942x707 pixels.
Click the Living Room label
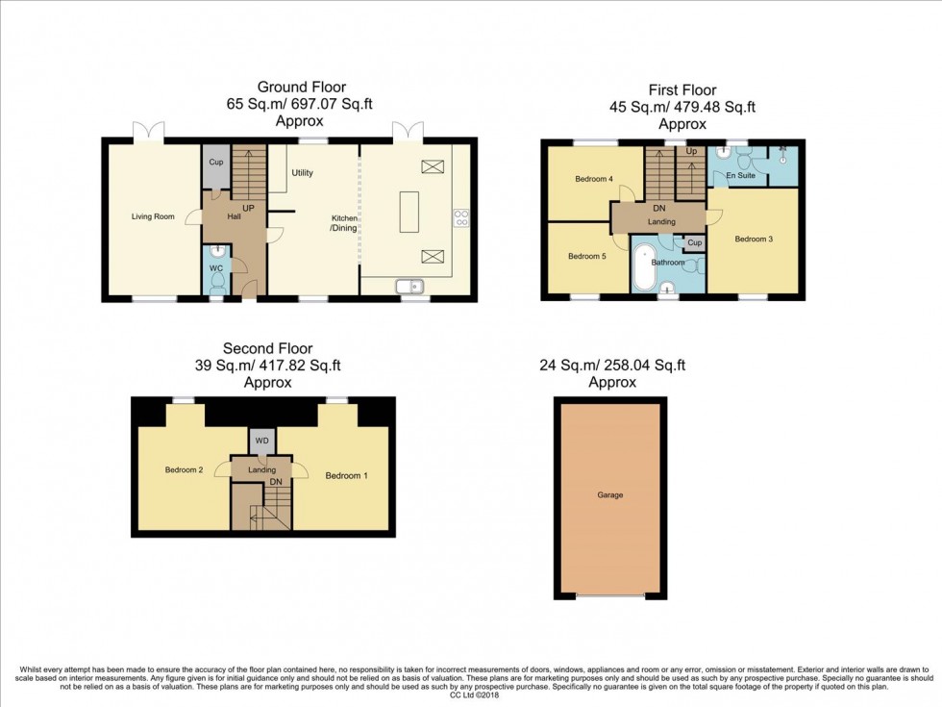coord(153,216)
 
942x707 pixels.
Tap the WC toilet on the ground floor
coord(217,281)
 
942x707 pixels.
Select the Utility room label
coord(302,173)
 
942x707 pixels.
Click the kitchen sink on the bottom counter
coord(409,286)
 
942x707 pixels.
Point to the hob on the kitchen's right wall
coord(460,217)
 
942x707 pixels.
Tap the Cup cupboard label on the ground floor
coord(215,163)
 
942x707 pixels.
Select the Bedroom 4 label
coord(593,179)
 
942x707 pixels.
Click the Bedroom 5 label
coord(585,256)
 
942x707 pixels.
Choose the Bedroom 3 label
coord(754,239)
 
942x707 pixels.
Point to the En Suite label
coord(739,176)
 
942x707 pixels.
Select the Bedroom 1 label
coord(345,475)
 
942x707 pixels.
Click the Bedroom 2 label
coord(183,469)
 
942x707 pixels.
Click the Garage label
coord(609,495)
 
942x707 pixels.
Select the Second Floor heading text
coord(267,348)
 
